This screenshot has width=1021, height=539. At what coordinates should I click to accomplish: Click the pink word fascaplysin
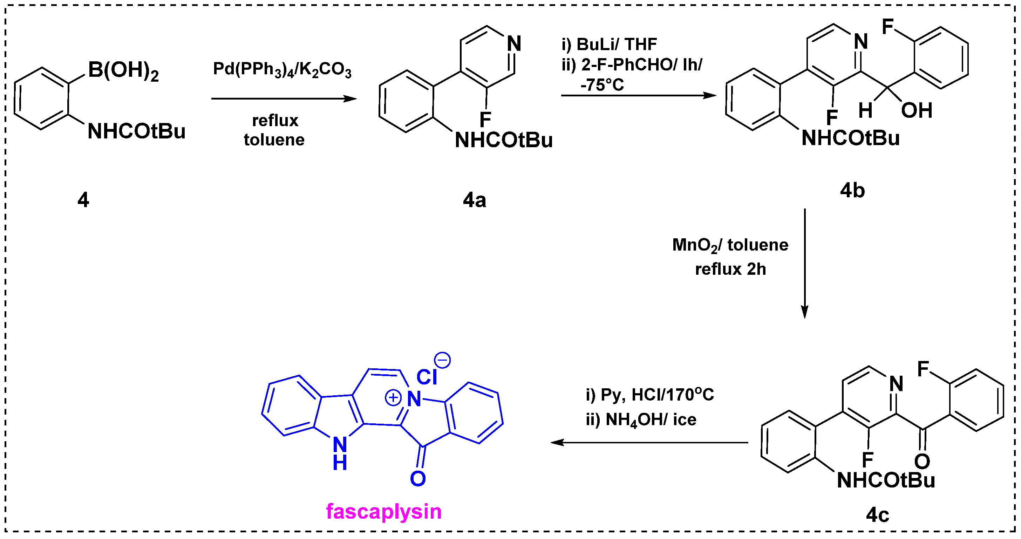(x=383, y=512)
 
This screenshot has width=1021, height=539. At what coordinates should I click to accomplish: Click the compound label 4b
(x=852, y=191)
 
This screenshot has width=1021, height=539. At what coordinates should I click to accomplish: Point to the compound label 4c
(x=877, y=515)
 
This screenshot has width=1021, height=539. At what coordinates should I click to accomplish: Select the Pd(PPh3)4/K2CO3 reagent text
(x=282, y=70)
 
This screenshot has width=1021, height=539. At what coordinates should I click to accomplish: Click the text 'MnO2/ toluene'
(x=730, y=245)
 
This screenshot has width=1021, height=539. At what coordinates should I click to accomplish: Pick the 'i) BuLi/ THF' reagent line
(x=609, y=45)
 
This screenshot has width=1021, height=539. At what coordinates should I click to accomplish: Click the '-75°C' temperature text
(x=602, y=85)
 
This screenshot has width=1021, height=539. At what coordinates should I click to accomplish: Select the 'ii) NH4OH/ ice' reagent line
(x=641, y=420)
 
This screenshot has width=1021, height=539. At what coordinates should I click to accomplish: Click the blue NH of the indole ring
(x=340, y=453)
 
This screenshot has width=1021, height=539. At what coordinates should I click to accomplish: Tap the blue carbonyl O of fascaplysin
(x=418, y=479)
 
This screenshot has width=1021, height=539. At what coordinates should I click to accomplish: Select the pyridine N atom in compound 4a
(x=514, y=43)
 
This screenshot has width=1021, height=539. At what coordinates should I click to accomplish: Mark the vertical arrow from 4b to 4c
(x=805, y=264)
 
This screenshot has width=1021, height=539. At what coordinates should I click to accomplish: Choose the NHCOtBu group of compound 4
(x=136, y=131)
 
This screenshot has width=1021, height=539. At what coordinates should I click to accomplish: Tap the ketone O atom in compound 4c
(x=922, y=461)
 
